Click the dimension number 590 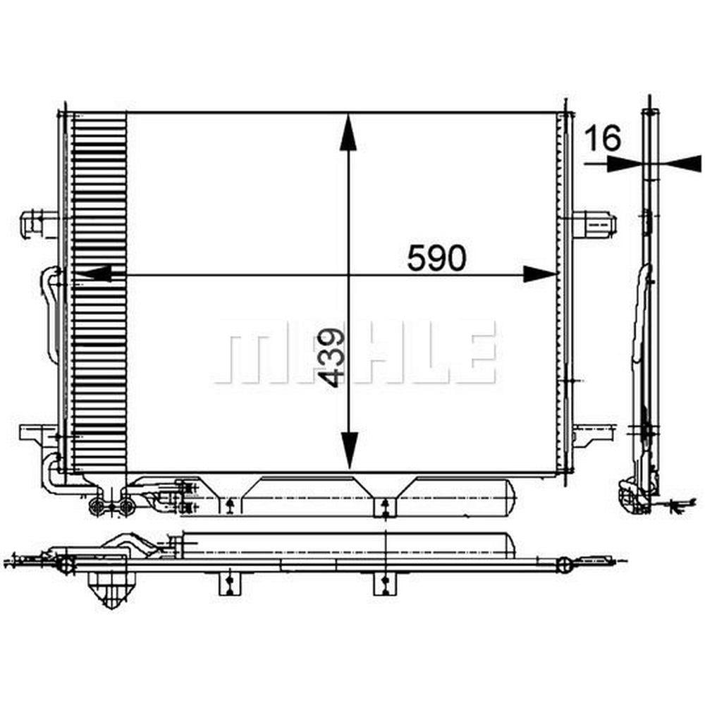coord(436,257)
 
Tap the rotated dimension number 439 coord(331,357)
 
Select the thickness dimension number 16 coord(603,137)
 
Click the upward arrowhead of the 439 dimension coord(348,132)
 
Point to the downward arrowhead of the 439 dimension coord(349,450)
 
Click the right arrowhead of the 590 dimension coord(540,274)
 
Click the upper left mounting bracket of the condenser coord(39,223)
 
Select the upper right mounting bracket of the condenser coord(594,223)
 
